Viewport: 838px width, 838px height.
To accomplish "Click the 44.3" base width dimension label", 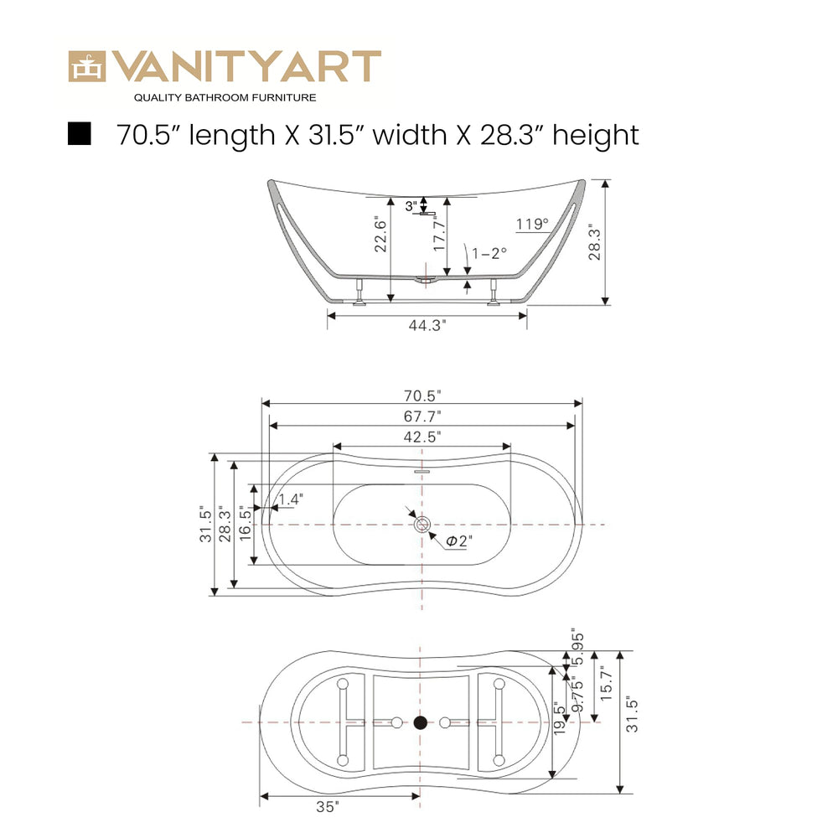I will (427, 326).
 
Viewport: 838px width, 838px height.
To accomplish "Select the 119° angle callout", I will (532, 224).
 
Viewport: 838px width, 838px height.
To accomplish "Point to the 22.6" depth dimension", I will (380, 235).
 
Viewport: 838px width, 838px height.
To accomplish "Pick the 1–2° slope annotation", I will (490, 253).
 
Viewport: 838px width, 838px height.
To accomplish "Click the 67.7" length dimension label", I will (422, 416).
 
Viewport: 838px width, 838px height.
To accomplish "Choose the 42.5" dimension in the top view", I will (422, 436).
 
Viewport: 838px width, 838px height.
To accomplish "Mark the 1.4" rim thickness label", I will (290, 499).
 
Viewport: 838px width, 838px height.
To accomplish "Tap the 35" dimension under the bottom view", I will (328, 807).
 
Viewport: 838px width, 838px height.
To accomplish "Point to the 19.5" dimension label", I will (559, 718).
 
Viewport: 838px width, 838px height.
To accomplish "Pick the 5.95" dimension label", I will (575, 645).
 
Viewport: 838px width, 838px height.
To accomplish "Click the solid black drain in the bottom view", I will (421, 722).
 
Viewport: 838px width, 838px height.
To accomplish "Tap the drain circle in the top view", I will (422, 525).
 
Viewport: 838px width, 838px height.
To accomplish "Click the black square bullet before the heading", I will (79, 133).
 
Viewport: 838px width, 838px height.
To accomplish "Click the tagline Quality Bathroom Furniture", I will (225, 97).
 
